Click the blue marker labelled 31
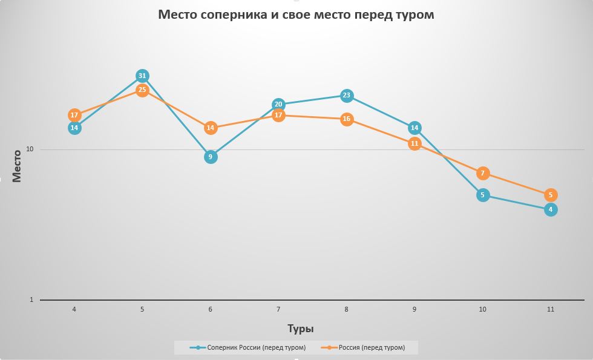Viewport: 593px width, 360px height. click(142, 76)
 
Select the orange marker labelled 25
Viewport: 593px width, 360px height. click(142, 90)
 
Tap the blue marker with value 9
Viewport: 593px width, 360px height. click(211, 157)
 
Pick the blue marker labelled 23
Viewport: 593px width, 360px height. click(347, 95)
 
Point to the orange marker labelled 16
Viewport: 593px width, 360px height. click(347, 119)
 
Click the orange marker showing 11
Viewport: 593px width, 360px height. click(414, 143)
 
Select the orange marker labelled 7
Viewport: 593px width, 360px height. click(483, 173)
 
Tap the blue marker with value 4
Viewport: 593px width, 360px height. click(551, 209)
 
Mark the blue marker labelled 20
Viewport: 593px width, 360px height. click(278, 104)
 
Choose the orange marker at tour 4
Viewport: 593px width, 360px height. click(74, 115)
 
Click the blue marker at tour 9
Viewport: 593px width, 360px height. click(414, 128)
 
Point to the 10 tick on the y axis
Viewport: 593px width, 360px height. click(30, 149)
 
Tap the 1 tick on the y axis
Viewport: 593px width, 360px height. click(32, 299)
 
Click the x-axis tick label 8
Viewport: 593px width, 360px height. click(347, 309)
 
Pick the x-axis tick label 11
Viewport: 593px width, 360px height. click(551, 309)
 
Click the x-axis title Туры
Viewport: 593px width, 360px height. click(300, 329)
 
